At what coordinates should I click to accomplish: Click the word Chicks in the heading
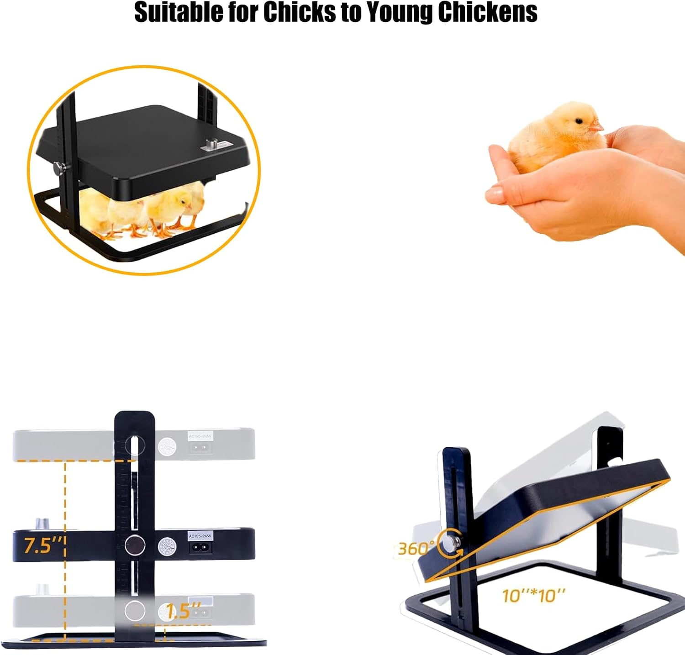(299, 12)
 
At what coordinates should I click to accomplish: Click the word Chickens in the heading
(487, 12)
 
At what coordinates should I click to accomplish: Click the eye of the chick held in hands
(579, 121)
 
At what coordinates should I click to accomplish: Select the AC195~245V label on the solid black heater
(200, 535)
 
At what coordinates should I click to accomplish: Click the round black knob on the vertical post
(135, 544)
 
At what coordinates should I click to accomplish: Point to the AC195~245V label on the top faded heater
(200, 436)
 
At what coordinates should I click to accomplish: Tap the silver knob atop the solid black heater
(42, 524)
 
